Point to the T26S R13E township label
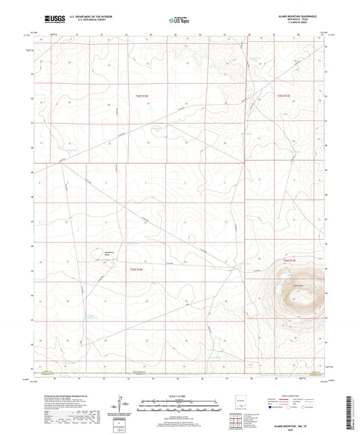click(x=290, y=259)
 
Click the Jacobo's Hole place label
click(x=96, y=253)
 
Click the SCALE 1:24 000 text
click(x=180, y=396)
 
